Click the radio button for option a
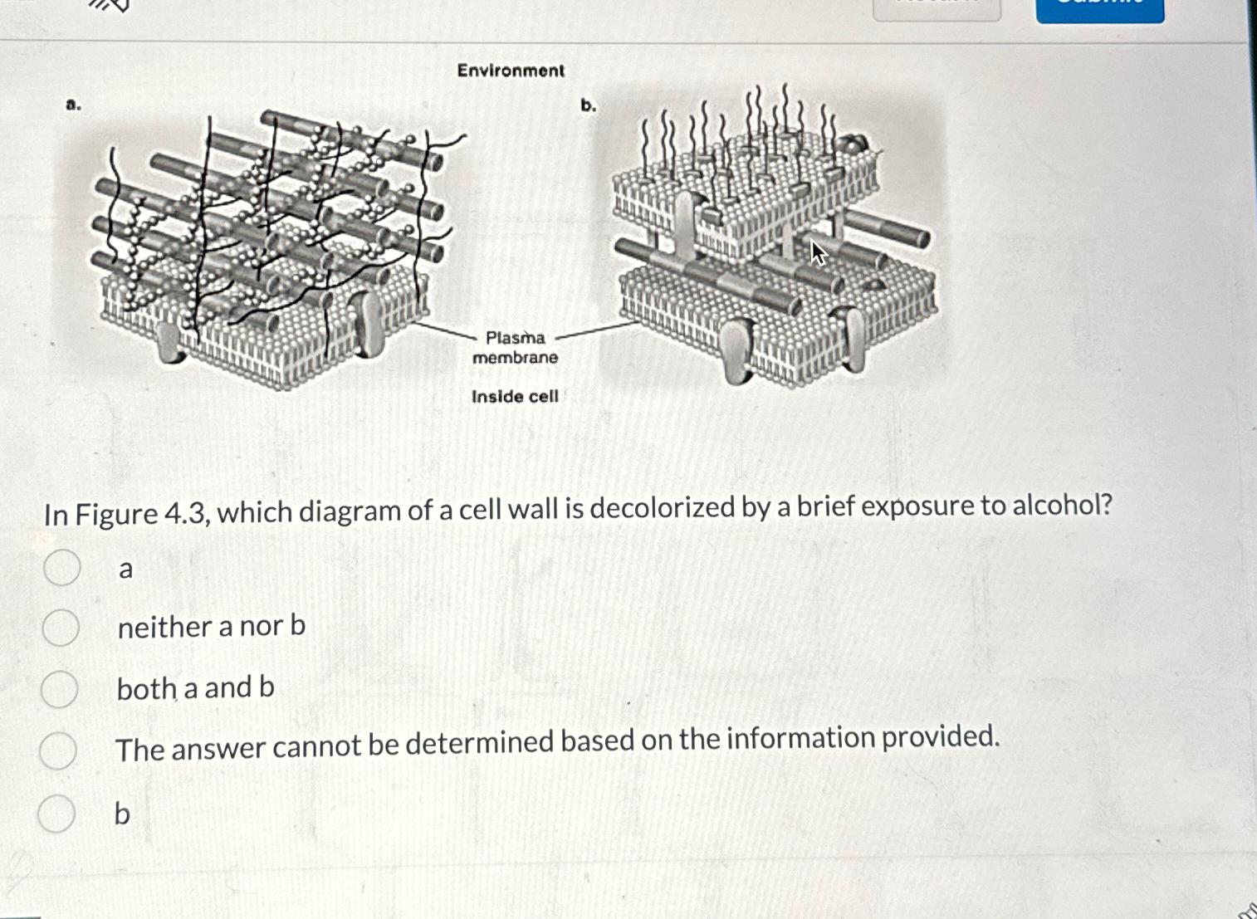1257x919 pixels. click(62, 568)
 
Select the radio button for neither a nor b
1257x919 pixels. click(61, 628)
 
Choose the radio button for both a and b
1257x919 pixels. click(60, 689)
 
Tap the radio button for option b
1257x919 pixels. click(56, 813)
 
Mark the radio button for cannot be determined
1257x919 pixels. click(58, 750)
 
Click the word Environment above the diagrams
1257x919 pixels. click(511, 71)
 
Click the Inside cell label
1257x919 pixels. click(515, 397)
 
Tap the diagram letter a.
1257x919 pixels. click(73, 105)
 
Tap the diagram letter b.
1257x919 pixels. click(588, 105)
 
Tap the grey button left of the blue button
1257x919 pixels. click(937, 10)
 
